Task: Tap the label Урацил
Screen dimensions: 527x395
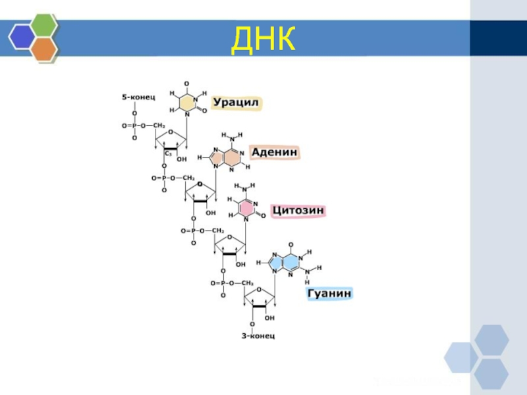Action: pyautogui.click(x=236, y=103)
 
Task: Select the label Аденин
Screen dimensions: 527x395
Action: pyautogui.click(x=273, y=152)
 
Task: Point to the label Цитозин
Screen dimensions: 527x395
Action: pyautogui.click(x=299, y=211)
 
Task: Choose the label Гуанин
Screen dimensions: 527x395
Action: pyautogui.click(x=329, y=294)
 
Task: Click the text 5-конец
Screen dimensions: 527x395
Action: pyautogui.click(x=138, y=97)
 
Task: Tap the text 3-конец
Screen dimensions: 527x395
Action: pyautogui.click(x=257, y=336)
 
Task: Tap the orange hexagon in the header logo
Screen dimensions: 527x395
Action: pyautogui.click(x=43, y=48)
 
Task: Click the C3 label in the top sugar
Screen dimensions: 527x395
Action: pyautogui.click(x=168, y=153)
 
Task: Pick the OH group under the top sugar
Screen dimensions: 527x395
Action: pyautogui.click(x=181, y=159)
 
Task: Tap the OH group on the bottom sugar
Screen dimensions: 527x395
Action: pyautogui.click(x=269, y=318)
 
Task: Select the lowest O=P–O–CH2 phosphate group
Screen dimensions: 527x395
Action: pyautogui.click(x=232, y=283)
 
